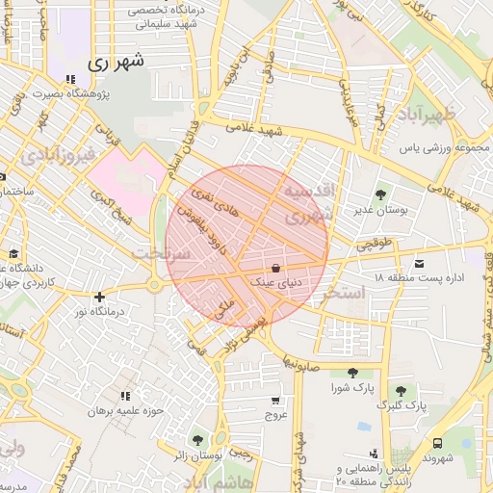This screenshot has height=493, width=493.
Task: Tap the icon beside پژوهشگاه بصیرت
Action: click(69, 80)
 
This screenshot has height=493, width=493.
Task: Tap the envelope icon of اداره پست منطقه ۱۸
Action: click(418, 263)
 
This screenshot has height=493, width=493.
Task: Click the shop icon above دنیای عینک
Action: click(276, 269)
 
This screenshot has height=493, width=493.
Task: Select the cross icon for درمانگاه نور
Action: click(99, 297)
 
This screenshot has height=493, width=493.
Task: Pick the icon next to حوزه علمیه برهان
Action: click(125, 396)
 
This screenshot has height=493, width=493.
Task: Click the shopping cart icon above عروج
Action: click(276, 400)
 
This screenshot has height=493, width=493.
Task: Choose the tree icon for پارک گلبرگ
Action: click(401, 390)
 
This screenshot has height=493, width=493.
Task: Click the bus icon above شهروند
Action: click(438, 444)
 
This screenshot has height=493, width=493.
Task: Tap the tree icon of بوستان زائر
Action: click(198, 439)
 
